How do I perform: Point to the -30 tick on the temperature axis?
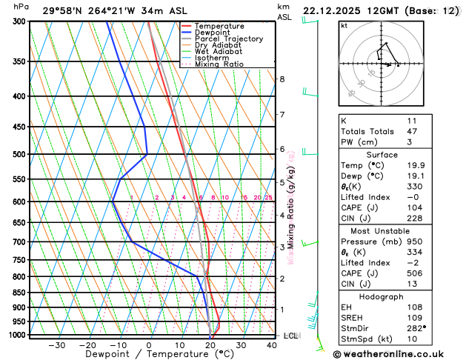[56, 345]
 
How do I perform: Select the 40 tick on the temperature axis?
[272, 345]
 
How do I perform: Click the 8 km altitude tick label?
[282, 79]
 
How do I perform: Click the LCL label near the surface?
[290, 336]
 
